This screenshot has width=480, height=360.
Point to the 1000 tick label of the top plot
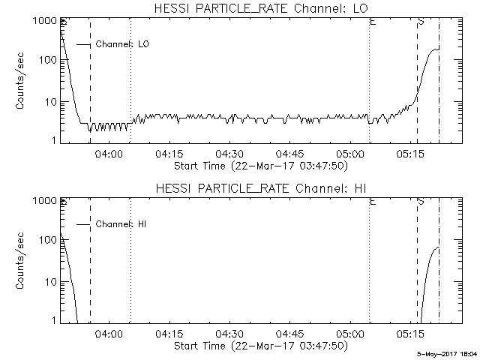[44, 22]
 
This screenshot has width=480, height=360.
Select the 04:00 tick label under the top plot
[109, 154]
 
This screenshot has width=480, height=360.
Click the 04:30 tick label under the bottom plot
[229, 334]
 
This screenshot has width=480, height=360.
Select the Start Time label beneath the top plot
[259, 166]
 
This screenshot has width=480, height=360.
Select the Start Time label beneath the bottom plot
[259, 346]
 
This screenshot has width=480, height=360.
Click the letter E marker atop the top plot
[373, 22]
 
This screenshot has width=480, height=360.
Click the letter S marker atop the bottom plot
[421, 202]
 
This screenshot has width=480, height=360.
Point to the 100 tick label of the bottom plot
[47, 241]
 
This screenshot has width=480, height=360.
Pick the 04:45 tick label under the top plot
[289, 154]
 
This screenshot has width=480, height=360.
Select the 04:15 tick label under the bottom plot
[169, 334]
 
